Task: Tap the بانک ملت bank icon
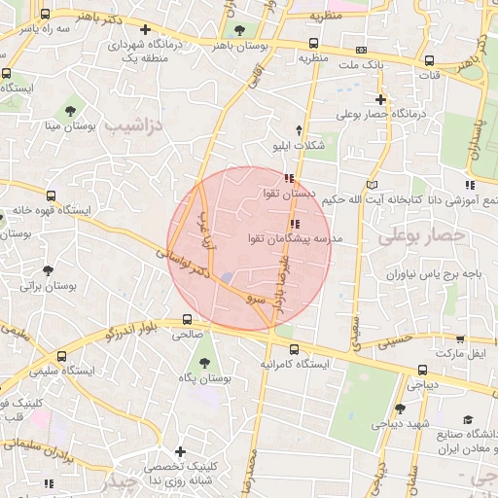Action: click(x=362, y=50)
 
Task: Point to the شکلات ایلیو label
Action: click(x=298, y=146)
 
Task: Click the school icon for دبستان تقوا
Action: click(x=288, y=178)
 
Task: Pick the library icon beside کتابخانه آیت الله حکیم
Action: click(x=371, y=185)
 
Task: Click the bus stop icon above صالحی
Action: click(x=187, y=319)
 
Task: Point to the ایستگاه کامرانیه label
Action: click(x=294, y=364)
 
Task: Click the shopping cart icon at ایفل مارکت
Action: click(x=459, y=338)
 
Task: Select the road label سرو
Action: click(x=254, y=300)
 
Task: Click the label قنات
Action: click(x=427, y=74)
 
